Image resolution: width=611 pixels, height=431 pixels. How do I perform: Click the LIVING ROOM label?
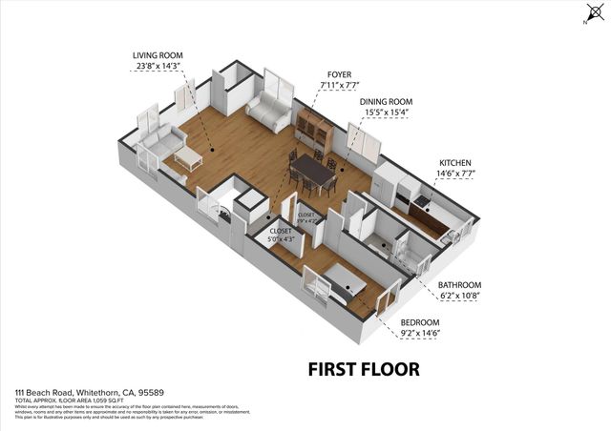(x=158, y=56)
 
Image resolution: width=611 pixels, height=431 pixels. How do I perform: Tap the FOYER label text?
(x=339, y=73)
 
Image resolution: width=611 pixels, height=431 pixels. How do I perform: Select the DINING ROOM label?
(x=386, y=101)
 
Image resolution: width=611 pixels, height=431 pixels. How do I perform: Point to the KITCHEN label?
(x=454, y=163)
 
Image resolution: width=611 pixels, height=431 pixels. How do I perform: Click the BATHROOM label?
(x=459, y=285)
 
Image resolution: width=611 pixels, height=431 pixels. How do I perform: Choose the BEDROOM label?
(x=420, y=322)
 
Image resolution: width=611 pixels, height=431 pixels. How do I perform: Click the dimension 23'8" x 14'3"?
(x=158, y=67)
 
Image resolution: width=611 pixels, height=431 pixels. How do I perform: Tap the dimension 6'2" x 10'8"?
(x=459, y=296)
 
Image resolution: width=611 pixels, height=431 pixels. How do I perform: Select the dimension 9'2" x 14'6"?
(x=420, y=333)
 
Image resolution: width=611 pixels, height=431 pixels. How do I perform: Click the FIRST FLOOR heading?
(x=363, y=367)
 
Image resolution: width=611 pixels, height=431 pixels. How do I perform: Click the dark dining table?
(x=311, y=172)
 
